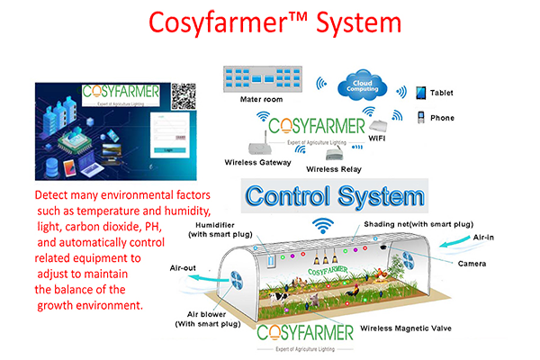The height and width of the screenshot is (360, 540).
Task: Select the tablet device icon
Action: click(419, 92)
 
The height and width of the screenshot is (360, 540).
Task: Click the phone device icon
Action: click(420, 117)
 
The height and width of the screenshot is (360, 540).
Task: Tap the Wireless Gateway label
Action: click(257, 162)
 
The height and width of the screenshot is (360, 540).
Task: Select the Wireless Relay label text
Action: click(335, 168)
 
